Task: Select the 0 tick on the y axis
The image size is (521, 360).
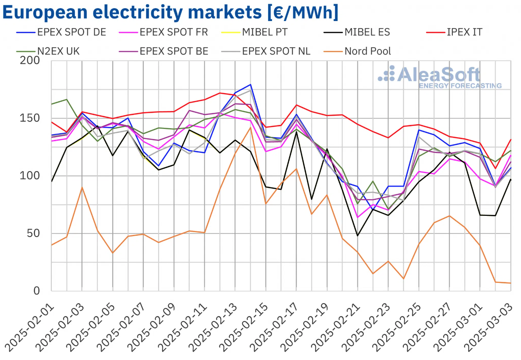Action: pos(37,291)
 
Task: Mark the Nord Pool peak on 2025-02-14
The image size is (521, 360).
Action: pos(250,127)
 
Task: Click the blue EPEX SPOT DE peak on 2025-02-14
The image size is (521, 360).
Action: pos(250,85)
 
